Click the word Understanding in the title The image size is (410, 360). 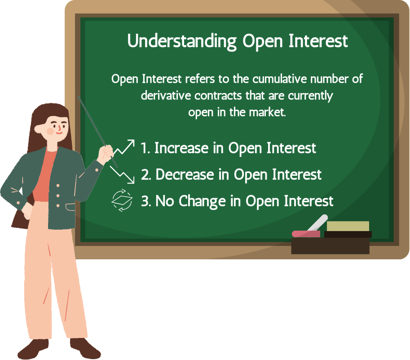(x=182, y=41)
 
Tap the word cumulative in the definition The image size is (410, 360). (x=279, y=79)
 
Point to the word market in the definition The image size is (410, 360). (x=267, y=112)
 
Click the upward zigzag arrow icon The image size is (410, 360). (x=124, y=147)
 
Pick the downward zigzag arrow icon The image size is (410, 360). (x=122, y=175)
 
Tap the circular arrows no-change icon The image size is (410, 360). (x=122, y=200)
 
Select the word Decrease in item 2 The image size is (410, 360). (x=185, y=174)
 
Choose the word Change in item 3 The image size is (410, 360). (x=203, y=201)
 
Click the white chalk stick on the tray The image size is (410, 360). (x=317, y=223)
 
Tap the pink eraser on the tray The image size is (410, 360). (x=306, y=234)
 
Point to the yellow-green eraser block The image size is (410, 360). (x=348, y=227)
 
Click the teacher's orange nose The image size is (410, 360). (x=59, y=128)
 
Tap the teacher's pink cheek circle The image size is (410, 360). (x=50, y=131)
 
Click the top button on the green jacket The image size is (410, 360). (x=58, y=186)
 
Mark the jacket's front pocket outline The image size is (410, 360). (x=71, y=207)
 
